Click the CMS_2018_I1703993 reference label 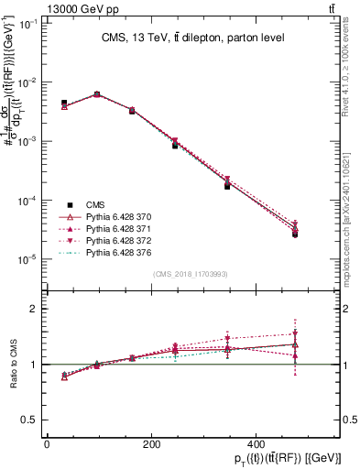pos(191,274)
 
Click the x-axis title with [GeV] pos(274,455)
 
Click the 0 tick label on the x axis pos(47,442)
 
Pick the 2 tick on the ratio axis pos(33,309)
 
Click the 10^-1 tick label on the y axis pos(28,24)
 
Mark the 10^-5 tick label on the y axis pos(28,259)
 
